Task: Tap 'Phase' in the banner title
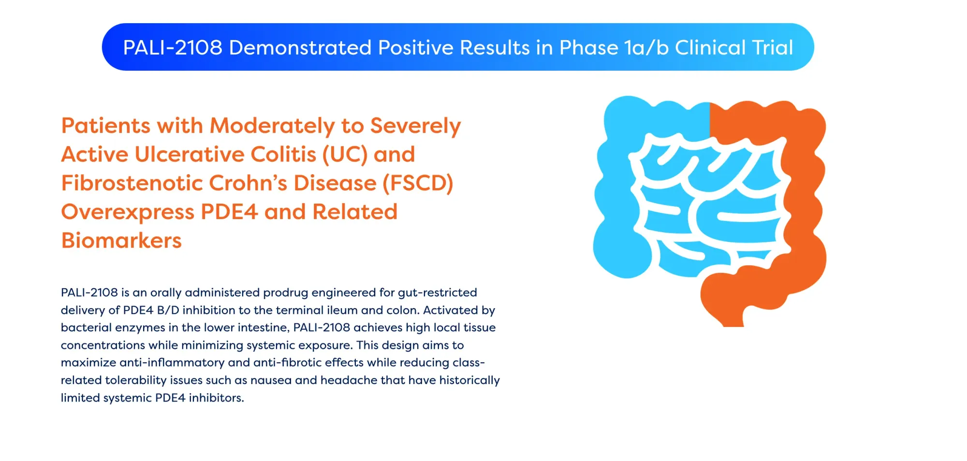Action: pyautogui.click(x=588, y=48)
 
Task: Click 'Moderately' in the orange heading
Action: pyautogui.click(x=272, y=126)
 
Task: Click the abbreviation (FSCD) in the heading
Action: pyautogui.click(x=418, y=183)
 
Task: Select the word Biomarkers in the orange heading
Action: pyautogui.click(x=121, y=240)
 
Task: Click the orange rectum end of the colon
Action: pyautogui.click(x=730, y=317)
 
